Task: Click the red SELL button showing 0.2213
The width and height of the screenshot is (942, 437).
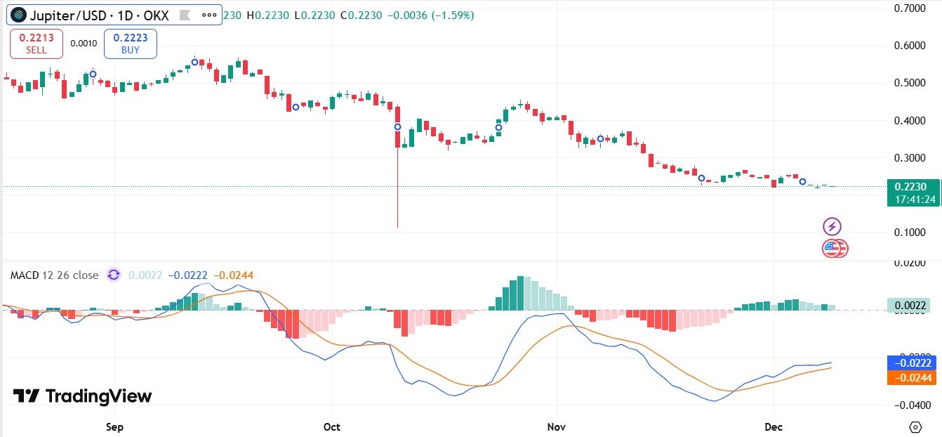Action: tap(37, 44)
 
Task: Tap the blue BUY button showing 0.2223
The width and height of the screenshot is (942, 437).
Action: tap(131, 44)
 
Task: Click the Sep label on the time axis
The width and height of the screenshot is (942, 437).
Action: tap(114, 426)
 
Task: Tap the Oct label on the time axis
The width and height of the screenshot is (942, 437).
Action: tap(332, 426)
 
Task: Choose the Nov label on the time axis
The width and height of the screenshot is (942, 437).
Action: tap(557, 426)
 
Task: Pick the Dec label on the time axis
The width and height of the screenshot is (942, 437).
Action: tap(774, 426)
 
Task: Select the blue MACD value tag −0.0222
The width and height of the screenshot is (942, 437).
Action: tap(911, 363)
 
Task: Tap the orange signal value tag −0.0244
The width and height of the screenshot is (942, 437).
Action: tap(911, 377)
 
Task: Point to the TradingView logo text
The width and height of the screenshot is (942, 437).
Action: tap(83, 396)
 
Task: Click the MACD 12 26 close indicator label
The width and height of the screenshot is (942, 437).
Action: tap(54, 275)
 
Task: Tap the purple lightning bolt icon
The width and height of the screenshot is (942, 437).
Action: tap(832, 226)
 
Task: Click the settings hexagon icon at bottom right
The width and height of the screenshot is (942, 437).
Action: tap(915, 426)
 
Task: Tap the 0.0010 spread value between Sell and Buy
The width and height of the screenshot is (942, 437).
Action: tap(84, 44)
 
